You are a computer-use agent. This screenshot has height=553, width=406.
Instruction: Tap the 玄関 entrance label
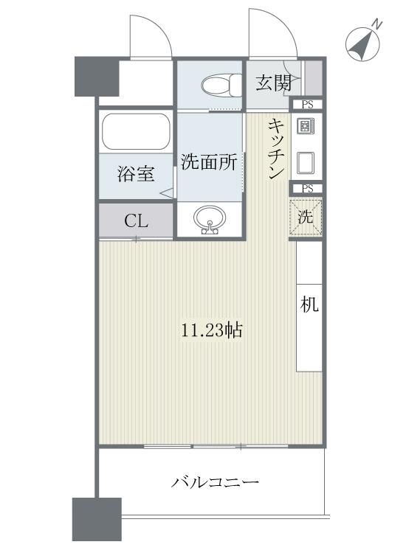click(x=273, y=83)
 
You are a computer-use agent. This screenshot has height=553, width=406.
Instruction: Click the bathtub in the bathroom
click(x=136, y=133)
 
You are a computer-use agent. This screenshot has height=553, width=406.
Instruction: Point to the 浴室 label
click(x=136, y=175)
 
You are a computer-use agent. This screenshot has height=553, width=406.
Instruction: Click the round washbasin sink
click(x=209, y=219)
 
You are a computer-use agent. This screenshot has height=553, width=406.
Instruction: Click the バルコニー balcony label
click(x=216, y=483)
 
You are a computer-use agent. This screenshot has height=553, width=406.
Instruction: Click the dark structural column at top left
click(x=96, y=75)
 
